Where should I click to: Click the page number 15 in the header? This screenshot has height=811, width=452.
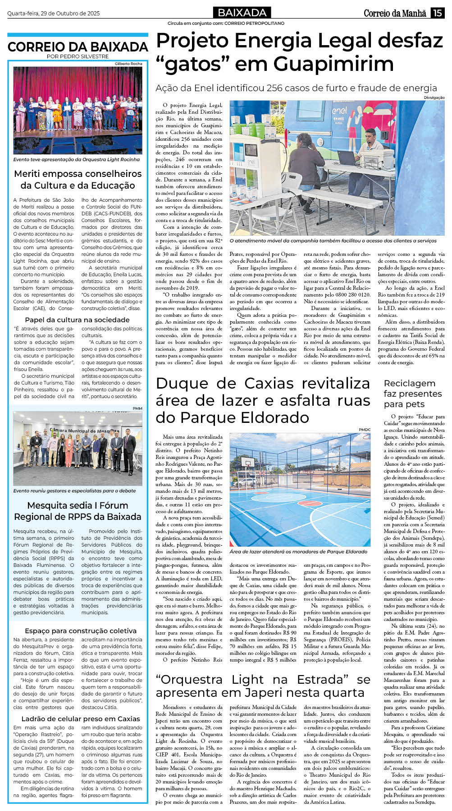click(437, 13)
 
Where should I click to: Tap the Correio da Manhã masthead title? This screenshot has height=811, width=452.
click(395, 14)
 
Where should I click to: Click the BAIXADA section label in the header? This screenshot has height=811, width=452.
click(242, 13)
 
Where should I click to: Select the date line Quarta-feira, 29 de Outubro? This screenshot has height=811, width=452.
click(53, 14)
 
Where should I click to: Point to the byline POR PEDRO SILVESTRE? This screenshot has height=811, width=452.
click(78, 56)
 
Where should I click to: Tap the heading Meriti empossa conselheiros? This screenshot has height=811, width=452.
click(78, 174)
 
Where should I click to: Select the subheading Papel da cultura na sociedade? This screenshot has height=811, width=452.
click(77, 320)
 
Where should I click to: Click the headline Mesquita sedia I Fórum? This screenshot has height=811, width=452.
click(78, 505)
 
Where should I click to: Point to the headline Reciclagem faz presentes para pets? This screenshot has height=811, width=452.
click(409, 393)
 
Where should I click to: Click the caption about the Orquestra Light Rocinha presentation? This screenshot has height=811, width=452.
click(77, 159)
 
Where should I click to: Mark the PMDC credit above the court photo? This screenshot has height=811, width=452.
click(364, 430)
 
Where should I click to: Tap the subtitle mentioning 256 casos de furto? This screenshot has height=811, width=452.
click(296, 88)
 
